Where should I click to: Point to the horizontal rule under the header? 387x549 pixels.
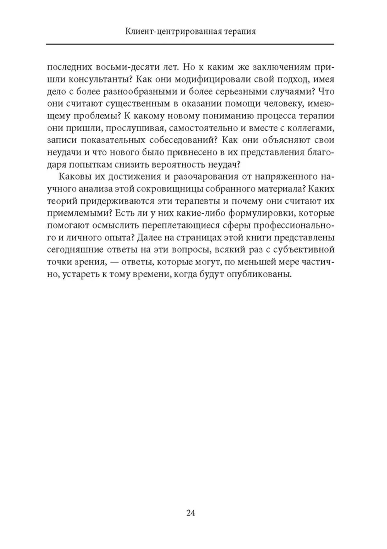point(190,44)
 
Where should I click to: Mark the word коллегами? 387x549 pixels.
point(309,129)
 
